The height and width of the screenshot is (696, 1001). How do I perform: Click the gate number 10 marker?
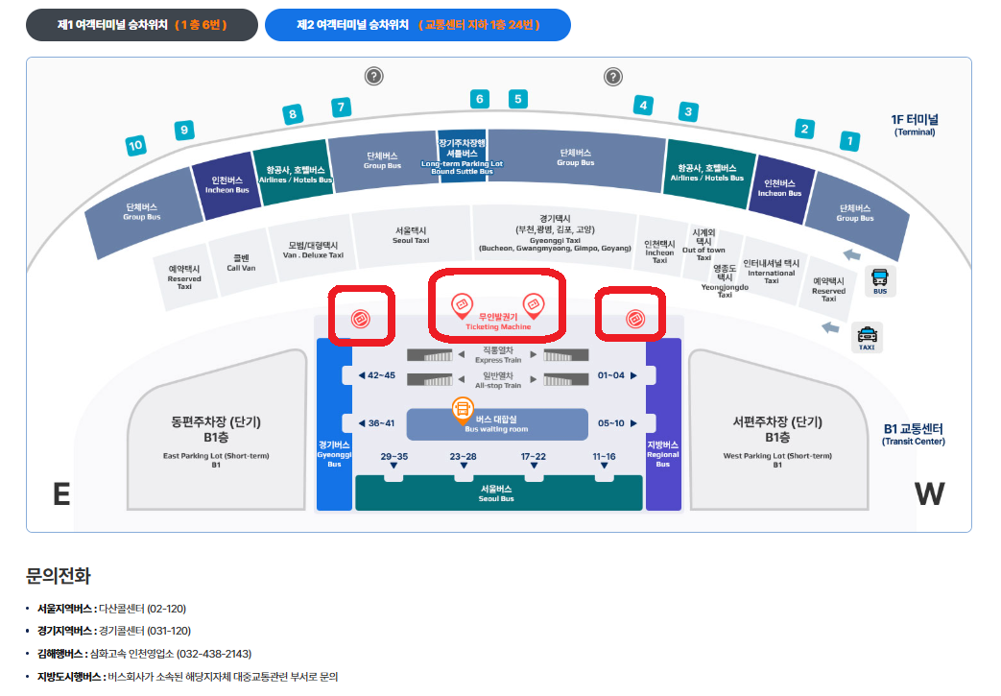coord(135,146)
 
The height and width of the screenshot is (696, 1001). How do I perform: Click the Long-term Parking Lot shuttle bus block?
coord(463,154)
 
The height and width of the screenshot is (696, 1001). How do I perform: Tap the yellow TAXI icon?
coord(867,337)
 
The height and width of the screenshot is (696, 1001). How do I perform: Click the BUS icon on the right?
coord(880,280)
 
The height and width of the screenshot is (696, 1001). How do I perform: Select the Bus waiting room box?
coord(497,423)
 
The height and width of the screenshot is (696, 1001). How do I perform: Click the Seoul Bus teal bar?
coord(496,493)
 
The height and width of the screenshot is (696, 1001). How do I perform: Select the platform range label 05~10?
coord(611,423)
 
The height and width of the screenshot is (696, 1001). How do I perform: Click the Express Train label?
coord(497,355)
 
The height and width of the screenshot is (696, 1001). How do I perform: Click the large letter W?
coord(929,493)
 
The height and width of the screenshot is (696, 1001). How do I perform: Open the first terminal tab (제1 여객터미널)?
coord(142,25)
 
